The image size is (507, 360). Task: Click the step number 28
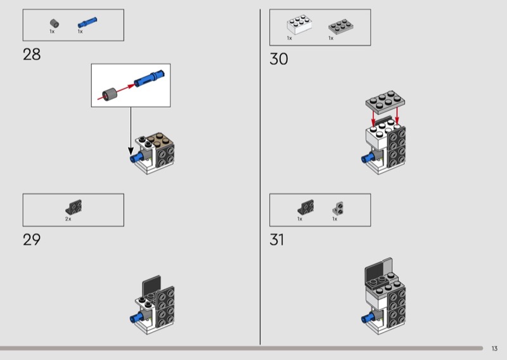[32, 55]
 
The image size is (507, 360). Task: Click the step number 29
[32, 240]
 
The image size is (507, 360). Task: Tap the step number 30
[278, 59]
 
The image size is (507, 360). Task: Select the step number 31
[277, 240]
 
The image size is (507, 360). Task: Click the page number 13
[494, 349]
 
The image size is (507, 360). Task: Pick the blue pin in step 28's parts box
[87, 22]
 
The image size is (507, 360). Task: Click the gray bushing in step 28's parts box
[55, 23]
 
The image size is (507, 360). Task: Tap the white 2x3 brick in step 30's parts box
[299, 24]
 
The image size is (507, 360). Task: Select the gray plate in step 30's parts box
[341, 26]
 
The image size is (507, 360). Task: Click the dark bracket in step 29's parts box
[74, 207]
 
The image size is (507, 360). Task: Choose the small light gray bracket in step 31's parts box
[338, 208]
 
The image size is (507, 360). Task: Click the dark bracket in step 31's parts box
[305, 207]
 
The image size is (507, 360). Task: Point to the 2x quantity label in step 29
[68, 219]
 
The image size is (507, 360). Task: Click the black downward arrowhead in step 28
[131, 151]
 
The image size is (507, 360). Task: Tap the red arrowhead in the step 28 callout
[131, 86]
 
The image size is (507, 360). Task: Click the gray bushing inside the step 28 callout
[109, 94]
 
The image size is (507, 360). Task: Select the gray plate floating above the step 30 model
[385, 102]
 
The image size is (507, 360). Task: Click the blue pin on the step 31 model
[367, 319]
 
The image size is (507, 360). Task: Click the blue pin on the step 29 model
[136, 318]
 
